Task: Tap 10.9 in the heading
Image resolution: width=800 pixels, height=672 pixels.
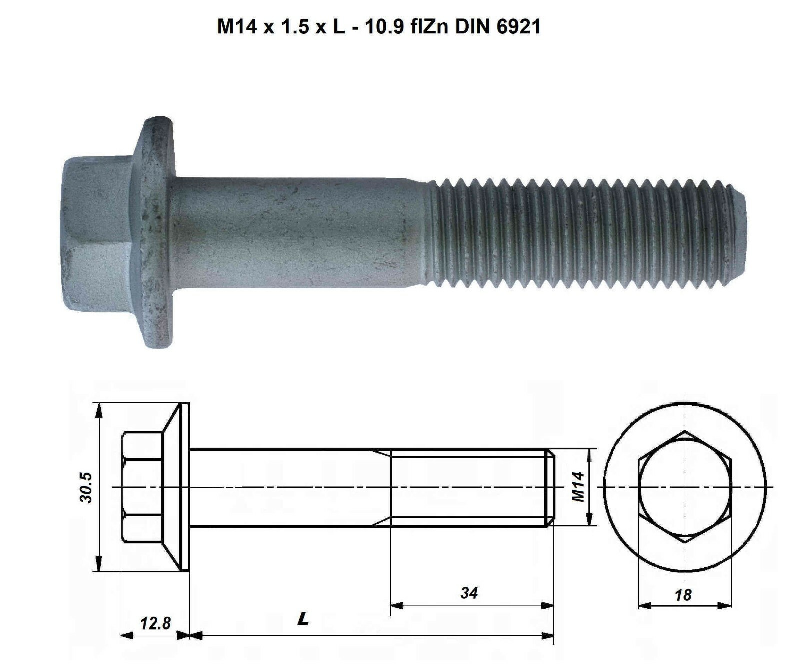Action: coord(383,27)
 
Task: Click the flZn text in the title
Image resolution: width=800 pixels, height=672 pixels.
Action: coord(429,27)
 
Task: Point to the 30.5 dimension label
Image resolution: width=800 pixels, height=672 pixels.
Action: coord(86,487)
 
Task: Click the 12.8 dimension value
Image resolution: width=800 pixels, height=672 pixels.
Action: coord(155,623)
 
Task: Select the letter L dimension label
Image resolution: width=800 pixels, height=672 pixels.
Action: coord(303,620)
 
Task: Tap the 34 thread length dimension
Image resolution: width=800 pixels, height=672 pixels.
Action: coord(469,593)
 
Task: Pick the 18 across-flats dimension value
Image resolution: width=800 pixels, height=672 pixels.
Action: coord(683,595)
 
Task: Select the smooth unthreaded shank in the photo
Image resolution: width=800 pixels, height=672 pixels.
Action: coord(300,232)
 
